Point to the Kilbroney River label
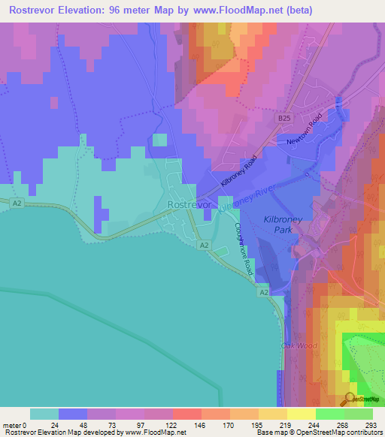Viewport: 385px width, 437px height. click(247, 196)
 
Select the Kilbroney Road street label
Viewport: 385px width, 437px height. click(239, 172)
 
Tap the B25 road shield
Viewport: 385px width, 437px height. click(283, 119)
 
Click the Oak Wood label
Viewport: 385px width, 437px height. click(296, 345)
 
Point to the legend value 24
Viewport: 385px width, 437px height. click(54, 424)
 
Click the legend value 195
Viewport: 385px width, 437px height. click(256, 424)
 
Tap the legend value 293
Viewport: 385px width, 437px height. click(370, 424)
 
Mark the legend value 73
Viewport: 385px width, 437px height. click(111, 424)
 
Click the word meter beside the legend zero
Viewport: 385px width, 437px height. click(13, 424)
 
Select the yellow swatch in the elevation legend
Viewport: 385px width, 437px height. click(301, 414)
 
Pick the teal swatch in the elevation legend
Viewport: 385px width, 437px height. click(44, 414)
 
